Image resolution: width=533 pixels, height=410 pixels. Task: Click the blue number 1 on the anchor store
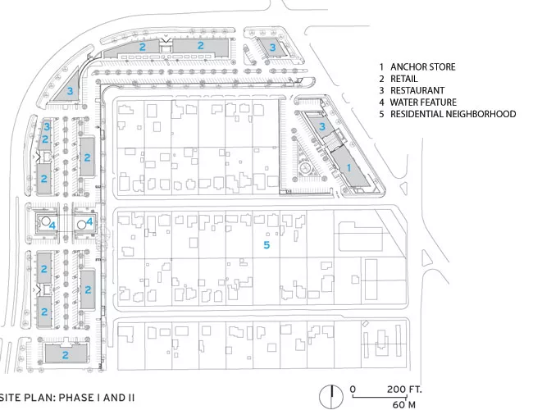[x=348, y=167]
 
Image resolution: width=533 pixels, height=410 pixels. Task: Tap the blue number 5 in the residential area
[x=266, y=245]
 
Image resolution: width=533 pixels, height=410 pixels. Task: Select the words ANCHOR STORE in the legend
[x=423, y=67]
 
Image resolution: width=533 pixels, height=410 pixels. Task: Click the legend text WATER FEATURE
[x=423, y=102]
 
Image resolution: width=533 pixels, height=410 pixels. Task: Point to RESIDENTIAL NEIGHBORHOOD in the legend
[x=453, y=114]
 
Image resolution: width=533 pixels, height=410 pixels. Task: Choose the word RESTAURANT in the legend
[x=417, y=90]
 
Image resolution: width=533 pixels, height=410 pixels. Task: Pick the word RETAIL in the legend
[x=403, y=79]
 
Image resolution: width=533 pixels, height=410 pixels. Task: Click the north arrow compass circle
[x=331, y=397]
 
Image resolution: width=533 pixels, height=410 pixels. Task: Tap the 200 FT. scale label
[x=404, y=389]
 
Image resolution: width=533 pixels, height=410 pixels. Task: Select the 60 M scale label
[x=403, y=404]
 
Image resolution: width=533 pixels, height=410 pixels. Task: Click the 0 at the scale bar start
[x=353, y=389]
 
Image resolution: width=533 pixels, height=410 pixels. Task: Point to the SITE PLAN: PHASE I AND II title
[x=67, y=398]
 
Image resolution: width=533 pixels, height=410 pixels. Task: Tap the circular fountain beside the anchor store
[x=305, y=167]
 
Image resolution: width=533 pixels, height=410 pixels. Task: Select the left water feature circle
[x=45, y=221]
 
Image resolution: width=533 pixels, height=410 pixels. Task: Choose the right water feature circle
[x=81, y=225]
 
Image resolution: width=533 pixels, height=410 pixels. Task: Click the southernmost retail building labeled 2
[x=66, y=353]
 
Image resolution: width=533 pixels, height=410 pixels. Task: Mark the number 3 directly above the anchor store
[x=322, y=126]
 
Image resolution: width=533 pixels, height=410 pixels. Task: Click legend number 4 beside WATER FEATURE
[x=382, y=102]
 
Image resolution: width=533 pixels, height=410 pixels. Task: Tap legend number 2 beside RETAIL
[x=382, y=79]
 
